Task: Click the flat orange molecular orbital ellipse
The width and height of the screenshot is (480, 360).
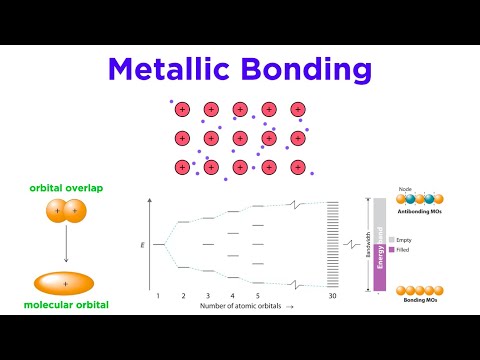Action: click(x=65, y=283)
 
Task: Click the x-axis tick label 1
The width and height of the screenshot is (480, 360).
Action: click(x=158, y=297)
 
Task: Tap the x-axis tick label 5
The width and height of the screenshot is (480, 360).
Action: click(x=257, y=297)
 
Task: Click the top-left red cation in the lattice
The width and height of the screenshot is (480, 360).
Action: click(x=182, y=109)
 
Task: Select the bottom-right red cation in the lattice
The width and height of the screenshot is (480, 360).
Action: click(x=297, y=167)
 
